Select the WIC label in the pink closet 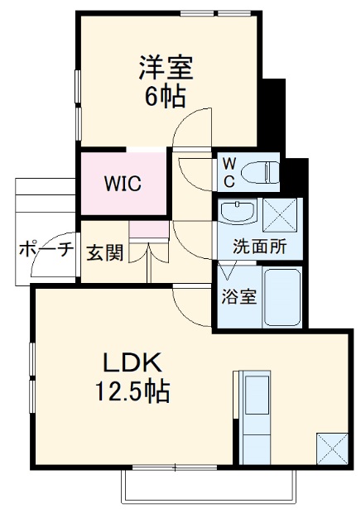122,183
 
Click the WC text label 228,172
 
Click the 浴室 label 238,296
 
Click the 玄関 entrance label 105,252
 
